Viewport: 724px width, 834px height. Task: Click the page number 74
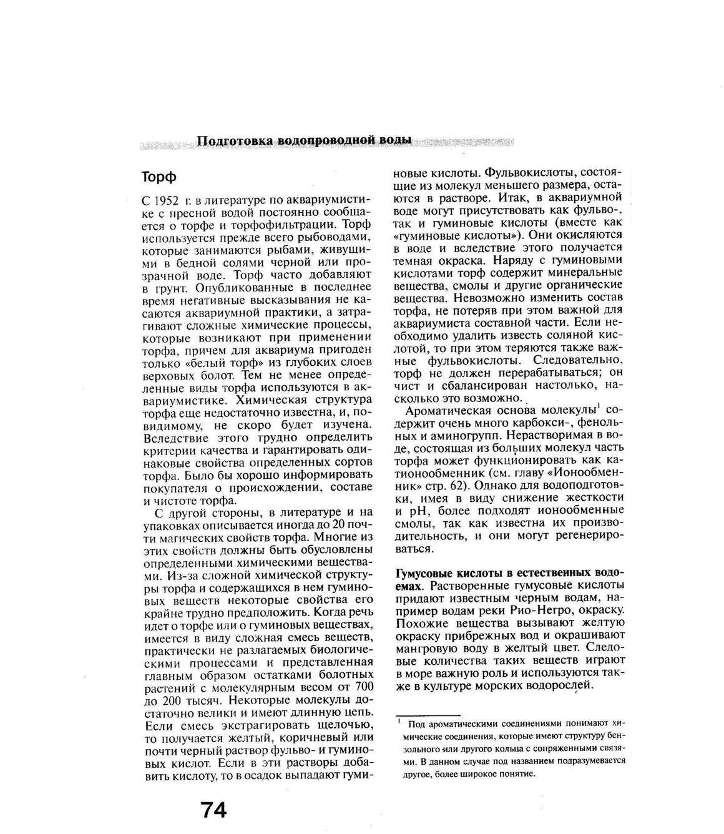click(214, 810)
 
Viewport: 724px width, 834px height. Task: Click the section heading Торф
click(159, 177)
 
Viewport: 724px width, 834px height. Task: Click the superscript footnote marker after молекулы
click(598, 407)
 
